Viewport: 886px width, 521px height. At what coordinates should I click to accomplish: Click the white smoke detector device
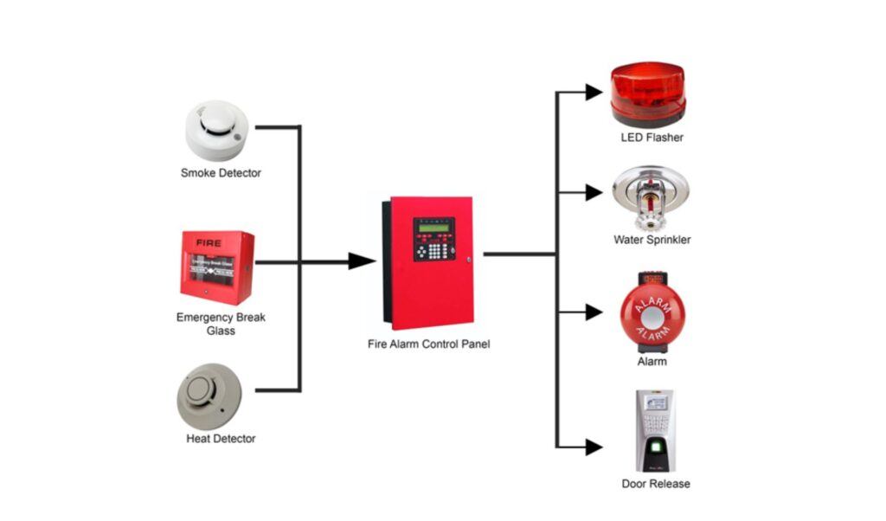click(217, 131)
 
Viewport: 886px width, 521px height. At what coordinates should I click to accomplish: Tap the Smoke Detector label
click(221, 173)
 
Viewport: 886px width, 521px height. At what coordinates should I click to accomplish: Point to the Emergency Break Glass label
click(221, 324)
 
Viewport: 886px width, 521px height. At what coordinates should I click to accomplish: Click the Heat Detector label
click(221, 439)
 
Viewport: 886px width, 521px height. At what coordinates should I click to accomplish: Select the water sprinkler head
click(651, 196)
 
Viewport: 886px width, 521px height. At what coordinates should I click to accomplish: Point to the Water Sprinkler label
click(652, 240)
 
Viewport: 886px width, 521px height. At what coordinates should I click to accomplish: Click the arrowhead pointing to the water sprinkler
click(593, 193)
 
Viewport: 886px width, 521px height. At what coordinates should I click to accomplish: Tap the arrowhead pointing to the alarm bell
click(593, 312)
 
